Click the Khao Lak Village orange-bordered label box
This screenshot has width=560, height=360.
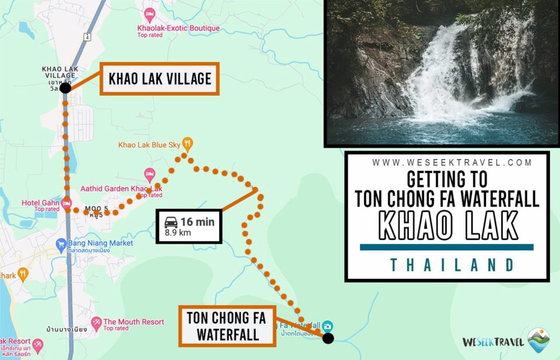160,78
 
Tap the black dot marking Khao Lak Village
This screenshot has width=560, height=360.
65,88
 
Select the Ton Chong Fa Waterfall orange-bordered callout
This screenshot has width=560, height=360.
226,327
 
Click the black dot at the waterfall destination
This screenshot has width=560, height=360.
328,338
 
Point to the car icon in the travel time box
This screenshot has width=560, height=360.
171,222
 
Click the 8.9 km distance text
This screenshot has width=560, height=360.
178,233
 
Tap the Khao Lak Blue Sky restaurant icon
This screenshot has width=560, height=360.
187,142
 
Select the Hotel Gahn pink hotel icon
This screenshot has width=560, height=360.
66,203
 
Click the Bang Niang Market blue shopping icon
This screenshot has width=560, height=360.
61,244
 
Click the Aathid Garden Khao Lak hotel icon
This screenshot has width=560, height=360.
149,174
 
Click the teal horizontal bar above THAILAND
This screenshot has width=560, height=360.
446,247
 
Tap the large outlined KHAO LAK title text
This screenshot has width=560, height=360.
447,225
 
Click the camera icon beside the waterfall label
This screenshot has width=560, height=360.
328,326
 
